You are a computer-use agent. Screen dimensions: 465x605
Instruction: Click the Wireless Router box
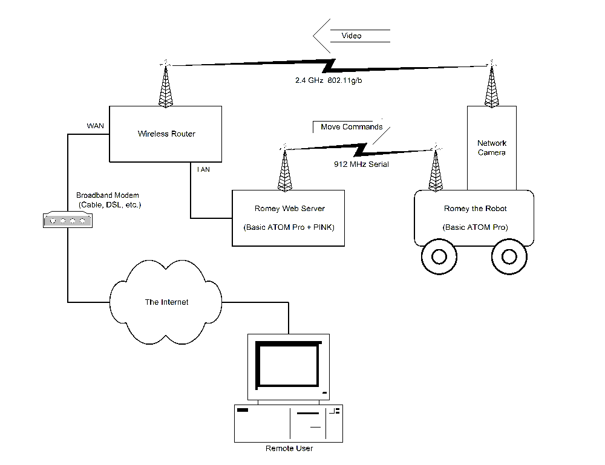pos(166,134)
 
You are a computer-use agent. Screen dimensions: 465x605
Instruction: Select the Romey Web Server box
pos(288,218)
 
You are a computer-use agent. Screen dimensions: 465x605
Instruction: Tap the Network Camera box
pos(491,148)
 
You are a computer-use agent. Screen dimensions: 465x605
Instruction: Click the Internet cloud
pos(166,302)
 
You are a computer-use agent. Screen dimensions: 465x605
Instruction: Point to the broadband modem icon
pos(68,220)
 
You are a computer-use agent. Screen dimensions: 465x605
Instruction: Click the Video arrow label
pos(352,36)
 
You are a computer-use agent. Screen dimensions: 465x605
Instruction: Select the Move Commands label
pos(352,127)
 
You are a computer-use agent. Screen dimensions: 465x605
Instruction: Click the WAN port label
pos(96,126)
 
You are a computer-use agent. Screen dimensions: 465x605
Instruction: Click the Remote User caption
pos(289,449)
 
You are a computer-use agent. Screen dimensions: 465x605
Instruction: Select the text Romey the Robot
pos(475,209)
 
